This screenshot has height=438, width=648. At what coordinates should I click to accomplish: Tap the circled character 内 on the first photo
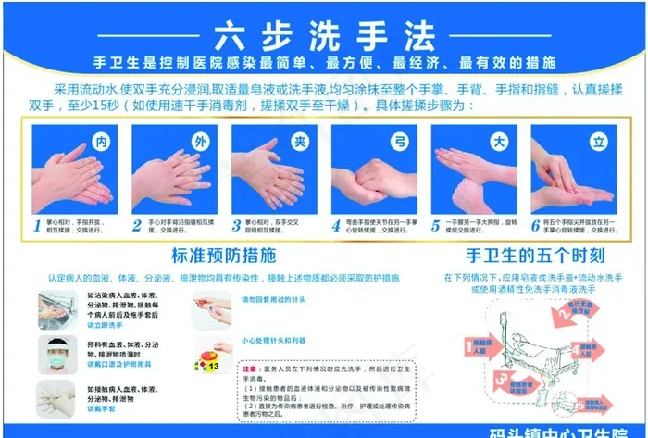pyautogui.click(x=102, y=142)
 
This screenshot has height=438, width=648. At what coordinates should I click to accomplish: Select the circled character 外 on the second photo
pyautogui.click(x=200, y=142)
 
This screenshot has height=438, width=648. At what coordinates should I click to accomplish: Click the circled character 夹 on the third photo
pyautogui.click(x=299, y=142)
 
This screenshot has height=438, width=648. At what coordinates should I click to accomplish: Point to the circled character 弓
pyautogui.click(x=400, y=142)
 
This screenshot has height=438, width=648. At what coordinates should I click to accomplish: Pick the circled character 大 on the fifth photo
pyautogui.click(x=499, y=142)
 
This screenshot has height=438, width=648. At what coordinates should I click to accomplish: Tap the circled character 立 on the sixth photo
pyautogui.click(x=598, y=142)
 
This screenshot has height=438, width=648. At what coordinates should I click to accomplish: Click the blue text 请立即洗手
pyautogui.click(x=105, y=326)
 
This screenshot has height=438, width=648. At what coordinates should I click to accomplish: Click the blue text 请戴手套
pyautogui.click(x=102, y=408)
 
